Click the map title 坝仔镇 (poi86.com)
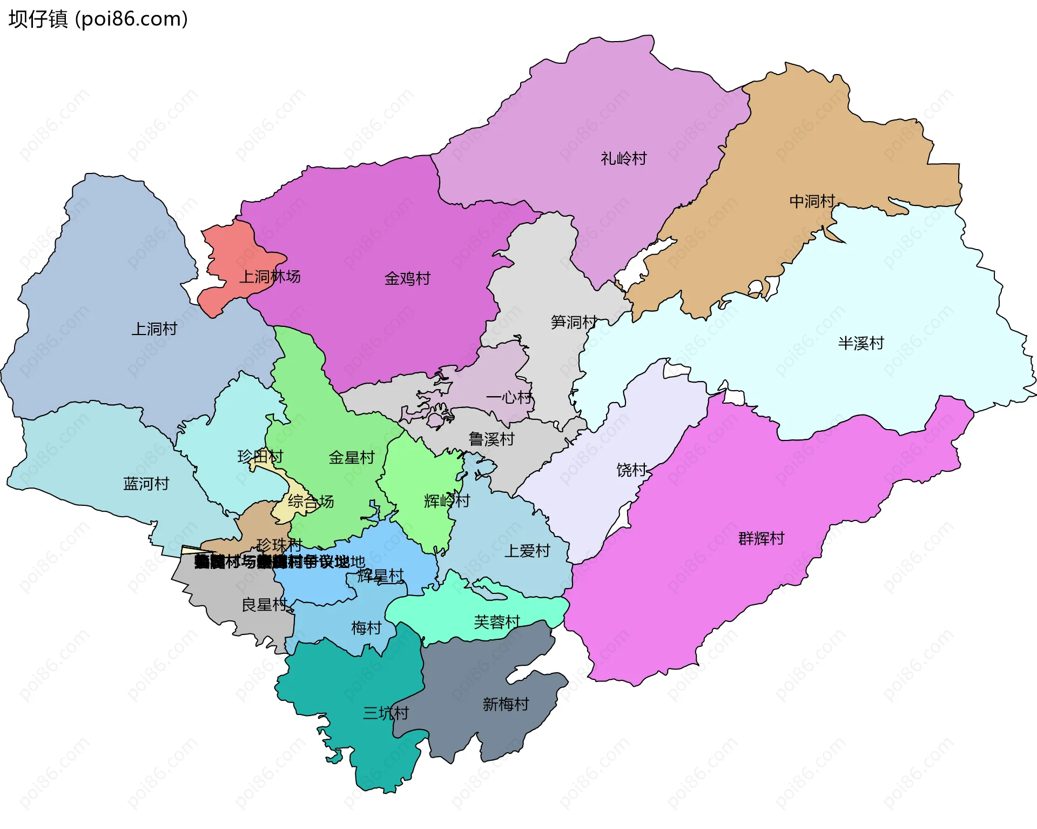pos(98,19)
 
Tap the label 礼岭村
pos(623,158)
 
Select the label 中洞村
pos(812,201)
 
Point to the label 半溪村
pos(860,343)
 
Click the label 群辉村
pos(761,538)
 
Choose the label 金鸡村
pos(407,278)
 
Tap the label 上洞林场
pos(270,277)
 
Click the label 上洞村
pos(154,329)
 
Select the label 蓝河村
pos(146,483)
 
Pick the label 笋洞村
pos(574,322)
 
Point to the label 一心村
pos(509,397)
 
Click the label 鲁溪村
pos(491,439)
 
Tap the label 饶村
pos(631,470)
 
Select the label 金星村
pos(352,457)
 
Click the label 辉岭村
pos(447,500)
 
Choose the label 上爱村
pos(527,551)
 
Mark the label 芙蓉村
pos(497,622)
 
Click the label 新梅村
pos(506,704)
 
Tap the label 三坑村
pos(386,713)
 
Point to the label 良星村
pos(264,604)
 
